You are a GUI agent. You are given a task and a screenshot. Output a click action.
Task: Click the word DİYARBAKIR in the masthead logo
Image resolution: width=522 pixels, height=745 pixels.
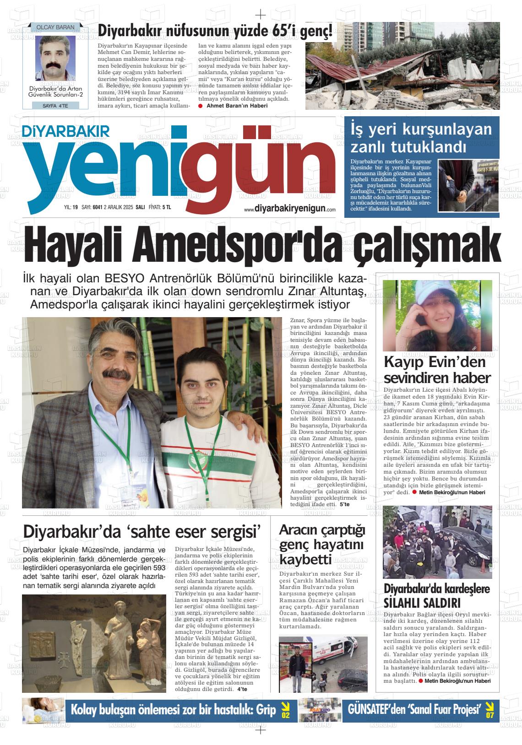pos(67,131)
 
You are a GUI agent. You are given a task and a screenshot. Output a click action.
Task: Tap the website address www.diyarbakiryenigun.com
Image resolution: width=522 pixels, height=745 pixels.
pos(290,209)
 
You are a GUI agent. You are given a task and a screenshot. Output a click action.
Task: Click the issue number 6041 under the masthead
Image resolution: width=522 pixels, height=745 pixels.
pos(97,207)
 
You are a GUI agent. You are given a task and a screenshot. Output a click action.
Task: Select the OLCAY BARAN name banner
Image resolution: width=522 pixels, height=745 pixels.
pos(55,27)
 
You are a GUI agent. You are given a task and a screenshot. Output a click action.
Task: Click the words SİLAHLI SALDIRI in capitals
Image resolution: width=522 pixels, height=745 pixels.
pos(422,602)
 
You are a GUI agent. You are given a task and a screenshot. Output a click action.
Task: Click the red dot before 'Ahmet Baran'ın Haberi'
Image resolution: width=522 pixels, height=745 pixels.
pos(201,106)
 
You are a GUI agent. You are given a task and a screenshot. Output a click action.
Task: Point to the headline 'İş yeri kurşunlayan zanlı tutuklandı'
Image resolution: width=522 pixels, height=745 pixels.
pos(421,138)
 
